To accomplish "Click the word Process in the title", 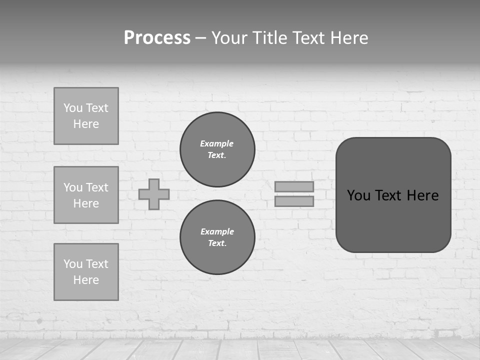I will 157,38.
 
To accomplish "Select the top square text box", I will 86,116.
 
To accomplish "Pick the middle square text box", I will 86,195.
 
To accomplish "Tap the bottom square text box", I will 86,272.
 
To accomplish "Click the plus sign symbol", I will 154,194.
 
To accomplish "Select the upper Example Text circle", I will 217,149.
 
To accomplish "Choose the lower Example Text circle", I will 217,237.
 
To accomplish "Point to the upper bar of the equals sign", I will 294,186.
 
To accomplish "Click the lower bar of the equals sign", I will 294,201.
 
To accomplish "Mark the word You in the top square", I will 73,108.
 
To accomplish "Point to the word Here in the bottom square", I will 86,280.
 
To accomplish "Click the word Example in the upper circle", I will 216,143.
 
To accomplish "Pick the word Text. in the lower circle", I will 217,243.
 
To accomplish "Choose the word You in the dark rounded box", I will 358,195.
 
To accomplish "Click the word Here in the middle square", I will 86,203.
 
